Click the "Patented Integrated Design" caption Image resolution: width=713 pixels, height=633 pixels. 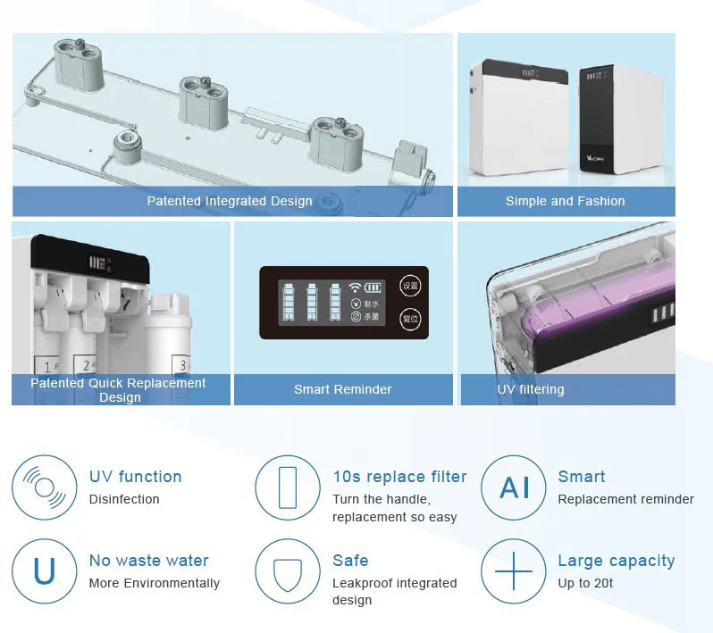(x=230, y=201)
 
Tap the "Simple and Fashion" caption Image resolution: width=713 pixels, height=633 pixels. (x=565, y=201)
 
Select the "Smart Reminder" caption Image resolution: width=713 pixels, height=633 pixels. (x=342, y=389)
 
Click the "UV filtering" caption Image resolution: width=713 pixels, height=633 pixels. (x=531, y=389)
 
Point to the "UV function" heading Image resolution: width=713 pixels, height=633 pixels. (x=135, y=477)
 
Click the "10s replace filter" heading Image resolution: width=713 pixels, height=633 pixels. (x=399, y=477)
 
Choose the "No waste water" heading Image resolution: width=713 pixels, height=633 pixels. (x=148, y=561)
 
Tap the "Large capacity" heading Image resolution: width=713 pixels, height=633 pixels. (x=616, y=561)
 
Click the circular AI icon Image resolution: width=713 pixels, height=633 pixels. (x=514, y=487)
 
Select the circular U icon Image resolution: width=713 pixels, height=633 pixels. (x=45, y=571)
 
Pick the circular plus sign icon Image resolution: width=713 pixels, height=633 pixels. (x=514, y=571)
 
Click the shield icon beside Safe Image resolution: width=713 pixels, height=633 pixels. (x=288, y=571)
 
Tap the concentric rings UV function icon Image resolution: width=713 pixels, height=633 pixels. (x=45, y=487)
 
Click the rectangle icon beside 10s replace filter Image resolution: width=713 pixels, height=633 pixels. (x=288, y=487)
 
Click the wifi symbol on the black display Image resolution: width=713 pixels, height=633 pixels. (x=355, y=288)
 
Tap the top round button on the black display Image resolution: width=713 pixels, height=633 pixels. (x=410, y=287)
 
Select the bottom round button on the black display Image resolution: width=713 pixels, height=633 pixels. (x=410, y=319)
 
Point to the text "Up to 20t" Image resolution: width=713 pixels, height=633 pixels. (x=585, y=583)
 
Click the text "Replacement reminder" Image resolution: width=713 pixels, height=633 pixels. (x=625, y=499)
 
